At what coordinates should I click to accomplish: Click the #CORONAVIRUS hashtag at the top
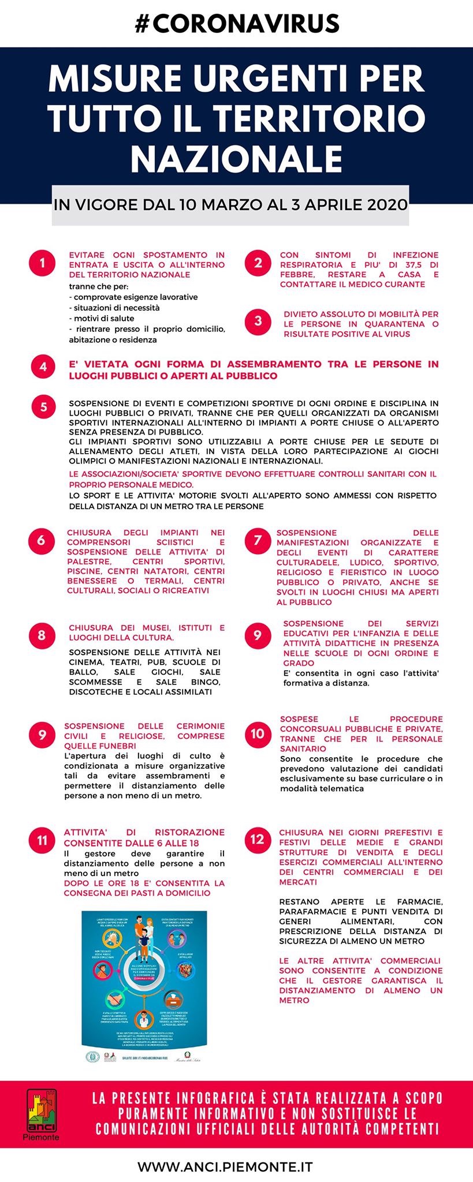pos(237,24)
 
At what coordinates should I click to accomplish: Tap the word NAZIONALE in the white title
pos(237,157)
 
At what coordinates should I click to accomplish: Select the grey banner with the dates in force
pos(230,205)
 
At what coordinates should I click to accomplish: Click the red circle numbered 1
pos(42,264)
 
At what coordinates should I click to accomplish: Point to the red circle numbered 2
pos(258,263)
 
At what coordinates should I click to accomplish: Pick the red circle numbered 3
pos(258,321)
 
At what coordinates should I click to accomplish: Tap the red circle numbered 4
pos(43,366)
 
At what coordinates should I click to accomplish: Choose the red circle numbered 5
pos(44,407)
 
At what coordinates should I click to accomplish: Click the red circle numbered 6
pos(41,541)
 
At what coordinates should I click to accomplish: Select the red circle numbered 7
pos(258,541)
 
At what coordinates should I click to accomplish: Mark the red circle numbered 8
pos(42,635)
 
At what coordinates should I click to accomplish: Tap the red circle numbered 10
pos(258,734)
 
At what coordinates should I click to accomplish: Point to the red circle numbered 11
pos(42,840)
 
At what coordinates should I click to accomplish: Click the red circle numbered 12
pos(257,839)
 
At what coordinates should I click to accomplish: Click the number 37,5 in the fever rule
pos(404,265)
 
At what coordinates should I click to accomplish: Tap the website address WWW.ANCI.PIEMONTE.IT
pos(225,1166)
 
